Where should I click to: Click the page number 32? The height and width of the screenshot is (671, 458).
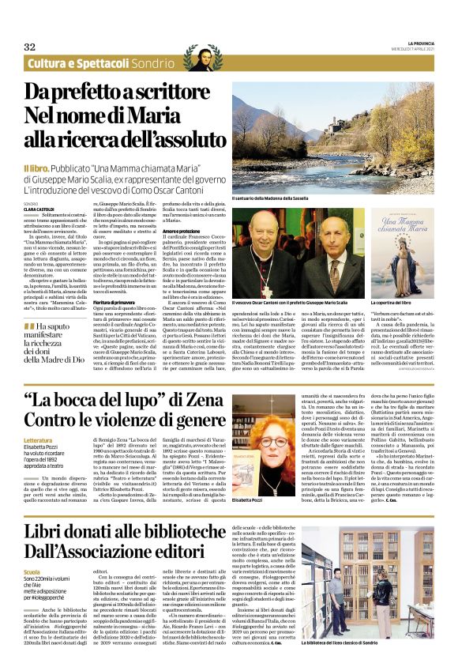coord(30,47)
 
